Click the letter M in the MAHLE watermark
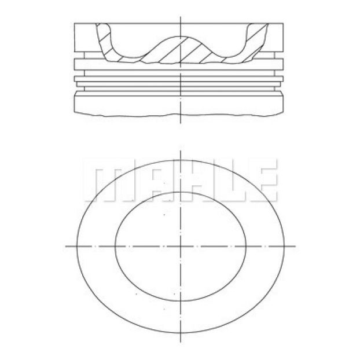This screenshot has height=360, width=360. [x=108, y=180]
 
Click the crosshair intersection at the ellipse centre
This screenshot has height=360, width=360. [x=181, y=247]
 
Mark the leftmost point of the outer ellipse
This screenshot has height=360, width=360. [x=76, y=247]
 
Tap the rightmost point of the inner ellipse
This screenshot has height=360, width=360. [x=246, y=247]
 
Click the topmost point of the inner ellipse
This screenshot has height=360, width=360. [x=181, y=192]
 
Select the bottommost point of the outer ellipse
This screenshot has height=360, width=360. [x=181, y=333]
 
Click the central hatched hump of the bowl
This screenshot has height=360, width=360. [x=181, y=50]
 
